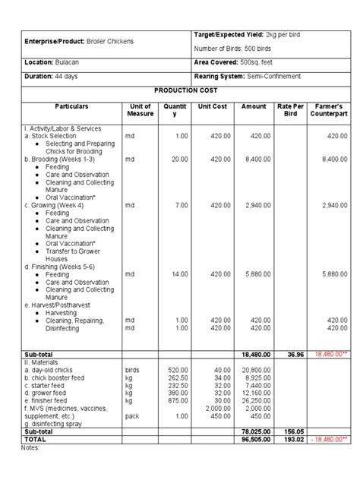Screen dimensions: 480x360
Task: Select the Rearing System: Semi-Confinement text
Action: tap(248, 77)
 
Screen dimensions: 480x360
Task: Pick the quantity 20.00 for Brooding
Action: tap(180, 159)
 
